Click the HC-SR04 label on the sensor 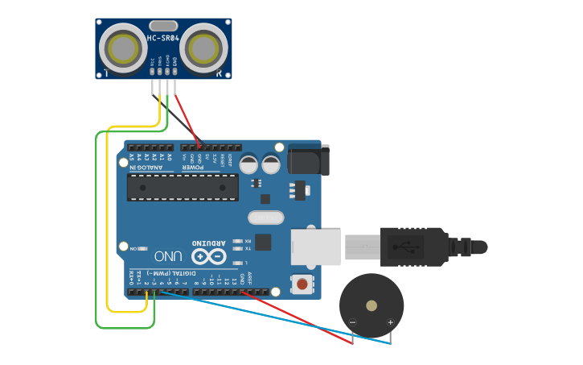[163, 38]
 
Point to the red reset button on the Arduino [302, 284]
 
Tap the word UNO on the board [168, 256]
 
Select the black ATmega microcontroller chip [183, 187]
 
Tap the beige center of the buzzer [371, 305]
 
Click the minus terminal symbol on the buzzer [352, 323]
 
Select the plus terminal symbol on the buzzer [390, 323]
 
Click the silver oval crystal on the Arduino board [265, 218]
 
